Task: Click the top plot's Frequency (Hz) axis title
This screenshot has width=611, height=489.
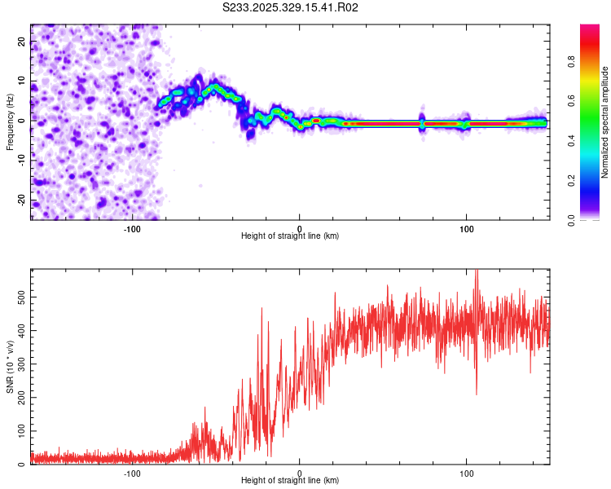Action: (x=11, y=122)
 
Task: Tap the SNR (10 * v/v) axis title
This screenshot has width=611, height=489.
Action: (x=11, y=367)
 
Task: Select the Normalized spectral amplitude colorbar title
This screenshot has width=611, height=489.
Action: (x=605, y=122)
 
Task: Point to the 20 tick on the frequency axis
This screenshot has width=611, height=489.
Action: (x=22, y=43)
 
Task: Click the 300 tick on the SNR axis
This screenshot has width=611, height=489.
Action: (x=17, y=364)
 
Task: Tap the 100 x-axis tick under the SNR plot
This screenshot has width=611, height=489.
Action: (x=467, y=474)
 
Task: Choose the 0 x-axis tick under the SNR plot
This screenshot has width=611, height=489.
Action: (x=300, y=474)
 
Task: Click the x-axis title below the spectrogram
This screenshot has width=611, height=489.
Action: (x=290, y=236)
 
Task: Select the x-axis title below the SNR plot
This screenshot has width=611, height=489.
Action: (x=290, y=481)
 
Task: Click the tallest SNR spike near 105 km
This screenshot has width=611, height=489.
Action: (x=477, y=272)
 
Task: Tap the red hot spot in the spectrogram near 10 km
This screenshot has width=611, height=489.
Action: (x=316, y=121)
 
